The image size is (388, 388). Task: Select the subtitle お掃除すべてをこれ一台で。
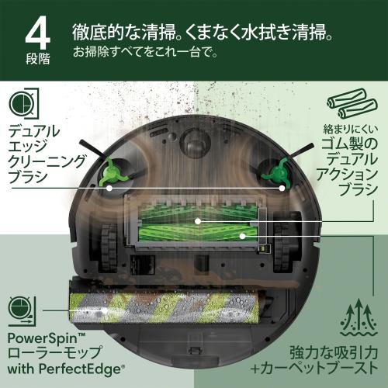(146, 54)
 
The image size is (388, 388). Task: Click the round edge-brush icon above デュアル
(24, 105)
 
